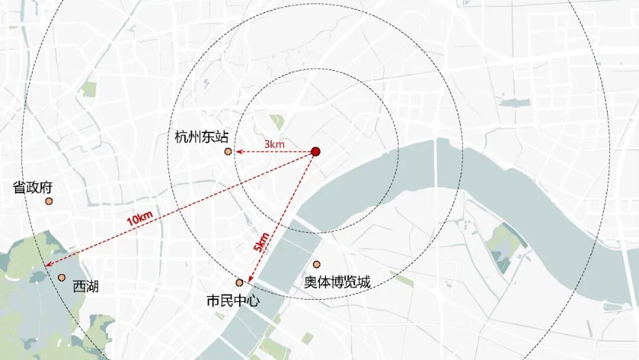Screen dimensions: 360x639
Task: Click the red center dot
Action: pyautogui.click(x=316, y=152)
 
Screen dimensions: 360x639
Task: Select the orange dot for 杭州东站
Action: pyautogui.click(x=228, y=152)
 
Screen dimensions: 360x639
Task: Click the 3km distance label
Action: pyautogui.click(x=275, y=144)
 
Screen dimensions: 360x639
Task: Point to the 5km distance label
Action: pyautogui.click(x=262, y=243)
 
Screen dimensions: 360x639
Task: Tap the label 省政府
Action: pyautogui.click(x=33, y=188)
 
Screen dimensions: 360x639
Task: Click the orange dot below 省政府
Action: pyautogui.click(x=49, y=201)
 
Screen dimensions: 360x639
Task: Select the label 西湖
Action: pyautogui.click(x=86, y=287)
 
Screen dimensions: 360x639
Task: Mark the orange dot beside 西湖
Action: pyautogui.click(x=62, y=277)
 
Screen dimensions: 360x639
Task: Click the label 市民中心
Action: pyautogui.click(x=233, y=300)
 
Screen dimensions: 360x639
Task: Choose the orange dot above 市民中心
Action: pyautogui.click(x=240, y=282)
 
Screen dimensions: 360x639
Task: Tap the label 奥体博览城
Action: pyautogui.click(x=337, y=282)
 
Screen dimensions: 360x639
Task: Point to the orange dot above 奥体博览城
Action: pyautogui.click(x=317, y=264)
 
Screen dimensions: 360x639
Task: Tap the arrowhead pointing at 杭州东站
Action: pyautogui.click(x=238, y=152)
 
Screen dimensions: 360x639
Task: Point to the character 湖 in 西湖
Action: pyautogui.click(x=92, y=287)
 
